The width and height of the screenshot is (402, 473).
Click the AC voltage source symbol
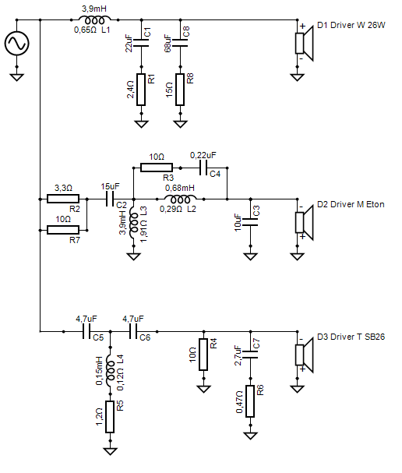[x=17, y=44]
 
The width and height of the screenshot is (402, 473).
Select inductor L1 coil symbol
[x=94, y=20]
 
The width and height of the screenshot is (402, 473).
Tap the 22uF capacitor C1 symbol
[x=142, y=43]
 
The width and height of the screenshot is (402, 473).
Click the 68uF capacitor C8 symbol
[x=180, y=43]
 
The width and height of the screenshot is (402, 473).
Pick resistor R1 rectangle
[x=142, y=90]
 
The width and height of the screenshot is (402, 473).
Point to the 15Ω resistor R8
[x=180, y=90]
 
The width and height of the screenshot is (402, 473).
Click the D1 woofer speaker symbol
[x=304, y=44]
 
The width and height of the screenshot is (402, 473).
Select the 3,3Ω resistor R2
[x=63, y=199]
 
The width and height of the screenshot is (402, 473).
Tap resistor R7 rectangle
[x=63, y=230]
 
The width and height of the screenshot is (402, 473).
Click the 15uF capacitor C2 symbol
[x=111, y=199]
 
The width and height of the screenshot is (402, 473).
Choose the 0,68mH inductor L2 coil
[x=180, y=199]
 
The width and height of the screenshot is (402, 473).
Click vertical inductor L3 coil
[x=133, y=223]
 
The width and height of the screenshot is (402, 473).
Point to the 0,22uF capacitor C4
[x=203, y=168]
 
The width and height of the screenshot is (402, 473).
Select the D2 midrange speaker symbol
[x=304, y=223]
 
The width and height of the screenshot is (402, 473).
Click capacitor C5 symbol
[x=86, y=331]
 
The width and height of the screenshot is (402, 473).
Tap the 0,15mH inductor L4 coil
[x=110, y=371]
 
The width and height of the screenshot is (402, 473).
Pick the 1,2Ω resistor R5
[x=110, y=417]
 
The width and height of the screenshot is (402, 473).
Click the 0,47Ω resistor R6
[x=250, y=401]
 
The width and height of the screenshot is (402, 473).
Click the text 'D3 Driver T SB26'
[x=351, y=337]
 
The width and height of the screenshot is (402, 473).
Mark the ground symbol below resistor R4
[x=203, y=389]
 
